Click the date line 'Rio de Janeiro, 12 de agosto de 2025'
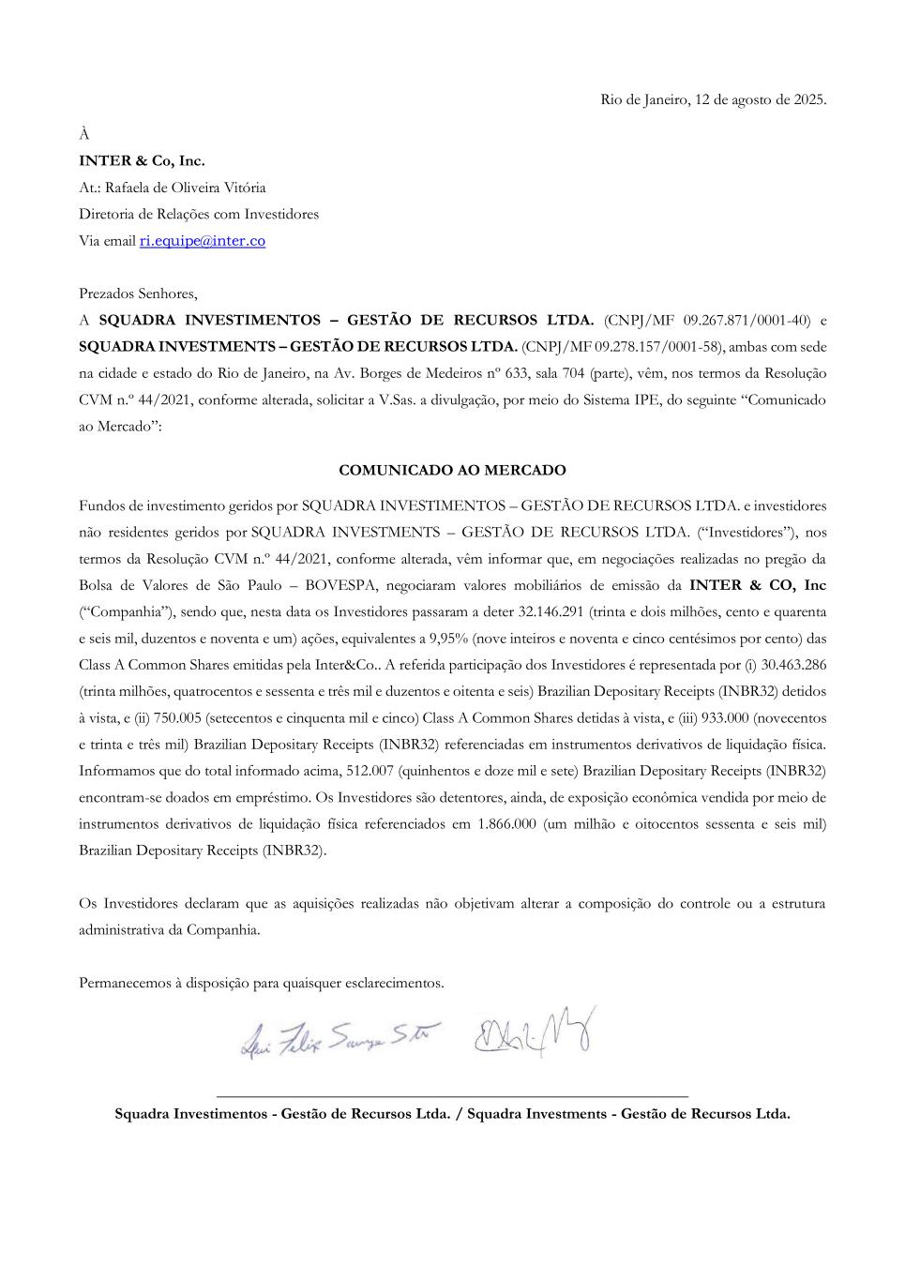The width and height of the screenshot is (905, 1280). pyautogui.click(x=713, y=99)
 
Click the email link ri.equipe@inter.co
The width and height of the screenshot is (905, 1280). pyautogui.click(x=203, y=241)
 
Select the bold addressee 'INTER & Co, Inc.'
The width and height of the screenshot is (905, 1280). pyautogui.click(x=142, y=160)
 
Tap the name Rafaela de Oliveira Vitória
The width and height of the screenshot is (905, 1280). pyautogui.click(x=186, y=188)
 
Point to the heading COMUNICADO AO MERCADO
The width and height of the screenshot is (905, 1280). pyautogui.click(x=452, y=470)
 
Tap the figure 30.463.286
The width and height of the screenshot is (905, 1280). pyautogui.click(x=788, y=665)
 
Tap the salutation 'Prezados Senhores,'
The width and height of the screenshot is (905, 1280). pyautogui.click(x=138, y=294)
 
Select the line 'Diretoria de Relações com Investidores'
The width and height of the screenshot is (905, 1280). pyautogui.click(x=199, y=214)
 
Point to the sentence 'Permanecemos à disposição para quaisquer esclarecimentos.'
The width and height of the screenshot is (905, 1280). pyautogui.click(x=262, y=983)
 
